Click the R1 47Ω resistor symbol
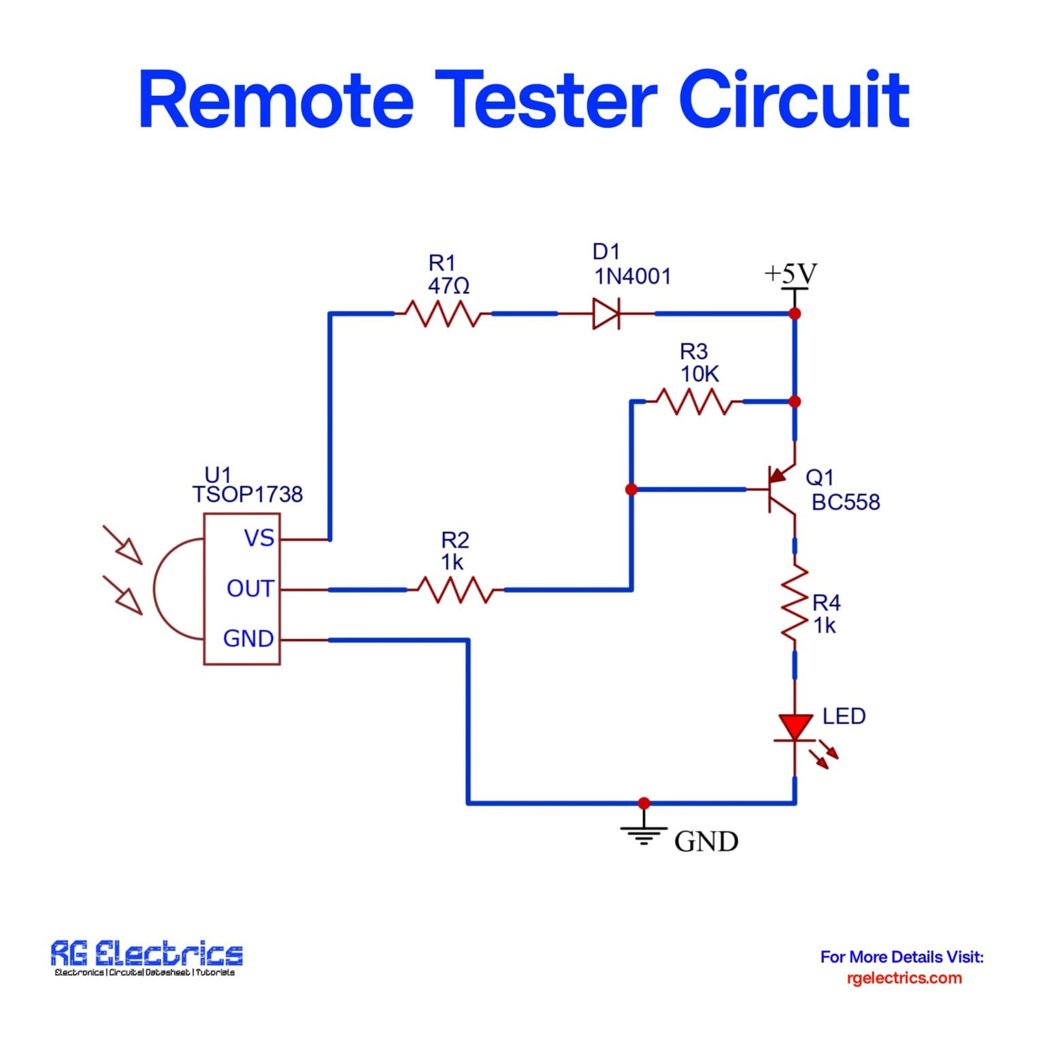[442, 314]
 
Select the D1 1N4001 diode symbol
[606, 314]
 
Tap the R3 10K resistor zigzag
[693, 401]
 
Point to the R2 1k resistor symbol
[455, 590]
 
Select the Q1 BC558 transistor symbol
[779, 489]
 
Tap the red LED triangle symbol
[795, 727]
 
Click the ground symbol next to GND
[644, 833]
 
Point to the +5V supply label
[790, 273]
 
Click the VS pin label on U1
[259, 538]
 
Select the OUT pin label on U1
[250, 588]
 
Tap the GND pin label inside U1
[248, 639]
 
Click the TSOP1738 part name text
[247, 495]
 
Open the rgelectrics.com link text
[903, 978]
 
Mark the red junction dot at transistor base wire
[631, 489]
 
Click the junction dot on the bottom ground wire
[644, 803]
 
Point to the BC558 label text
[846, 502]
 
